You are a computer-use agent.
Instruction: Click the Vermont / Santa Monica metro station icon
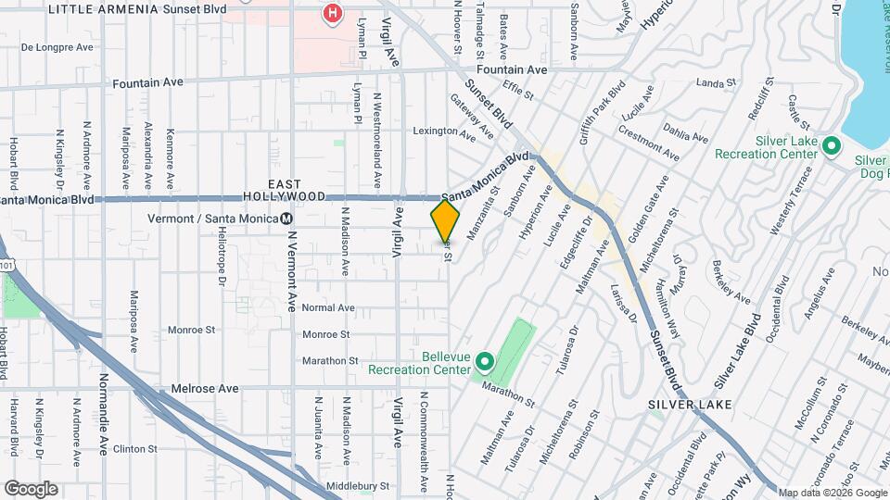(x=287, y=219)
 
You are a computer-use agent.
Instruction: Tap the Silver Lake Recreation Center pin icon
(x=832, y=145)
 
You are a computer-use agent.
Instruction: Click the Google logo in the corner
(x=31, y=488)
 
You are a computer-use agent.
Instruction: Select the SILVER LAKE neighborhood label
(x=690, y=405)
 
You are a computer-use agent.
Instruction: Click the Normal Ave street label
(x=328, y=307)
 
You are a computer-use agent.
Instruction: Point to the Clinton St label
(x=137, y=448)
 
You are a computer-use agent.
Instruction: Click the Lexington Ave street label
(x=444, y=132)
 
